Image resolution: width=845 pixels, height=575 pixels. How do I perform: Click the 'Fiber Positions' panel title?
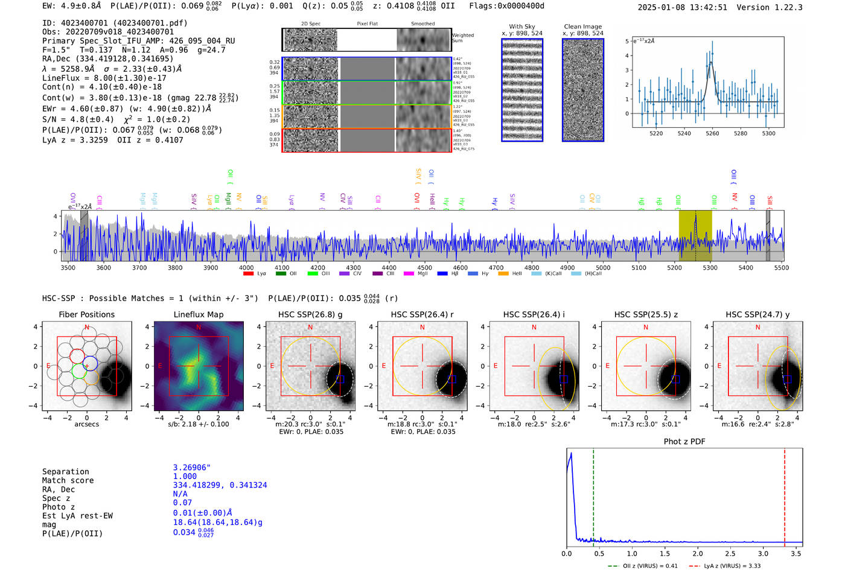(x=86, y=314)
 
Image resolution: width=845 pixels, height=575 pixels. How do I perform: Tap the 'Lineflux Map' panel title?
(x=199, y=314)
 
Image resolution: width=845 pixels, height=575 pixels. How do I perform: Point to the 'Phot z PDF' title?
(x=684, y=442)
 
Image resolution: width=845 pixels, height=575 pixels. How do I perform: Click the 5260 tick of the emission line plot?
(x=712, y=133)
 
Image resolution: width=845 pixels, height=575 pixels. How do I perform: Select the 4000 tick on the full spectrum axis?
(x=246, y=267)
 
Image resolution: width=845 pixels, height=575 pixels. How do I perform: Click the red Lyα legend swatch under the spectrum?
(x=248, y=274)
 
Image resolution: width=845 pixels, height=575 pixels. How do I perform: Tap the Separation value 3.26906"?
(x=192, y=468)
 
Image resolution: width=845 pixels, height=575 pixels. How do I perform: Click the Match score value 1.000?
(x=185, y=476)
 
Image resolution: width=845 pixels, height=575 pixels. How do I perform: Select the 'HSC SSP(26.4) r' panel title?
(x=422, y=314)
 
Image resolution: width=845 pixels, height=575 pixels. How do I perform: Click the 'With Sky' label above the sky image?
(x=522, y=27)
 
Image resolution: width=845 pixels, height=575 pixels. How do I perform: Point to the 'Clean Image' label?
(x=582, y=27)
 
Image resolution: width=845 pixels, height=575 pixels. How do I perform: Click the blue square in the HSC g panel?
(x=340, y=379)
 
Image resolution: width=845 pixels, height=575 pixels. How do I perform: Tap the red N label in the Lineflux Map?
(x=199, y=327)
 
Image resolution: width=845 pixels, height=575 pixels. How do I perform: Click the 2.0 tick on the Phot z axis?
(x=698, y=553)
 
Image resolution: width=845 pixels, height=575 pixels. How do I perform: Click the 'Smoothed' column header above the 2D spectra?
(x=422, y=24)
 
